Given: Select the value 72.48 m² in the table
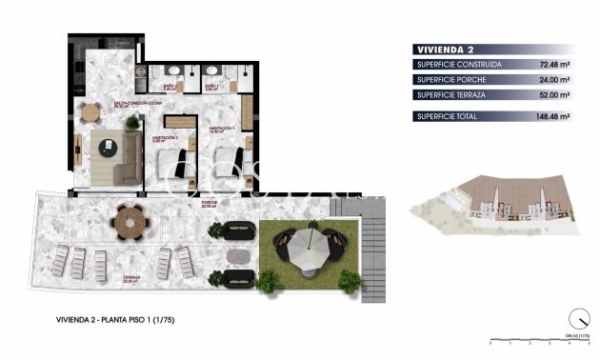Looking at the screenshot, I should tap(553, 65).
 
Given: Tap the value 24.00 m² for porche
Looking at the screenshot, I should tap(553, 80).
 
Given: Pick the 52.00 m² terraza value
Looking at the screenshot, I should tap(553, 95).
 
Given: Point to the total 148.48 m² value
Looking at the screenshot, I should tap(551, 116).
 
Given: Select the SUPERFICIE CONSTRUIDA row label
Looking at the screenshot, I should tap(459, 65).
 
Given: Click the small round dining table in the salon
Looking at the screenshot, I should tap(90, 112).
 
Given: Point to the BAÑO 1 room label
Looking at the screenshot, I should tap(212, 87).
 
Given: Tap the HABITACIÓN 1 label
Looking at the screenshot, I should tap(221, 130).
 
